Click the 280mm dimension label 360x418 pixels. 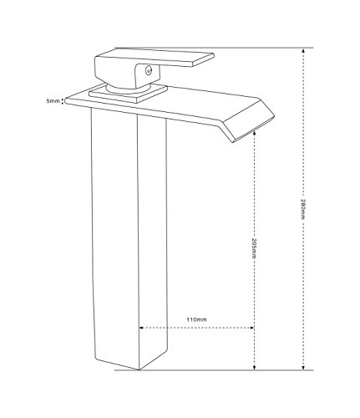pos(303,208)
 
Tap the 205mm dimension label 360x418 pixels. pos(254,248)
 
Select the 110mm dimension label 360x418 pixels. pos(196,319)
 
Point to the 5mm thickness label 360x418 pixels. pos(53,101)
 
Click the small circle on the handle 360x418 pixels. pos(149,70)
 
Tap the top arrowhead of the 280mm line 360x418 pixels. pos(303,50)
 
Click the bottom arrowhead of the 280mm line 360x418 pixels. pos(303,368)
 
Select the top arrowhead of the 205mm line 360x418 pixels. pos(254,135)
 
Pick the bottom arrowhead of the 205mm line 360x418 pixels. pos(254,368)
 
